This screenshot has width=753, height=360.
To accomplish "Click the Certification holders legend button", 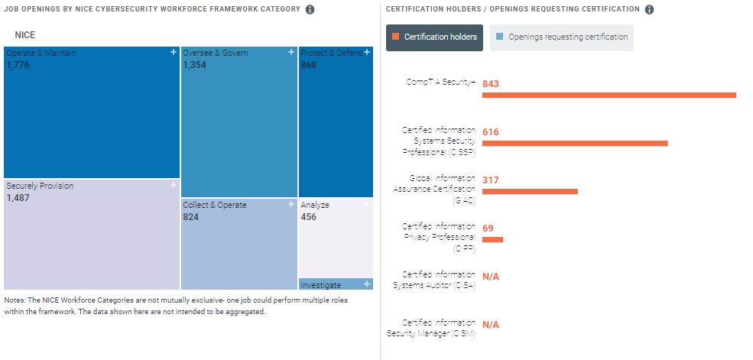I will (x=434, y=37).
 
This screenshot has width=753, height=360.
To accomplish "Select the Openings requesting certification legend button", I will (x=561, y=37).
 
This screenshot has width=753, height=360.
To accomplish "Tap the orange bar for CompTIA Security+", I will (x=609, y=95).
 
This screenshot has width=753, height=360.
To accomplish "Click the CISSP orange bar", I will (x=575, y=143).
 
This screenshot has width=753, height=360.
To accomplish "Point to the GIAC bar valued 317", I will (x=530, y=191).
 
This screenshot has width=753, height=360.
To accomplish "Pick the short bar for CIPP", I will (x=492, y=239).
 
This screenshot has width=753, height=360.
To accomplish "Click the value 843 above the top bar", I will (x=491, y=83).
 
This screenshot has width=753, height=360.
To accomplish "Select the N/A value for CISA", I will (x=491, y=276).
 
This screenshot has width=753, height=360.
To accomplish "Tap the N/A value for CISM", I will (x=491, y=324).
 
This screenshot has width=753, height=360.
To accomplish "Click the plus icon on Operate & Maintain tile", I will (x=174, y=52).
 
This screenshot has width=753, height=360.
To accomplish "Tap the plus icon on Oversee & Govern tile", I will (x=291, y=52).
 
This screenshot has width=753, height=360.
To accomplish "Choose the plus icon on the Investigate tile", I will (x=368, y=284).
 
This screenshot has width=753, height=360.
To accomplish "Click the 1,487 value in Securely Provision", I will (x=19, y=198).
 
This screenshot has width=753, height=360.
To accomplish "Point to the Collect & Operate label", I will (x=215, y=205).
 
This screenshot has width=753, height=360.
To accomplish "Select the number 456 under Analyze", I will (x=309, y=217).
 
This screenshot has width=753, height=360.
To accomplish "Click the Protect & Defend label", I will (x=330, y=53).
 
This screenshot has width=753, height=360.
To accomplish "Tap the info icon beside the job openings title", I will (x=310, y=10).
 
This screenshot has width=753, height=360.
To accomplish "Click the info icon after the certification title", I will (x=649, y=10).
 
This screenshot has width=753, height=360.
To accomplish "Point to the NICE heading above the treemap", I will (x=25, y=35).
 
